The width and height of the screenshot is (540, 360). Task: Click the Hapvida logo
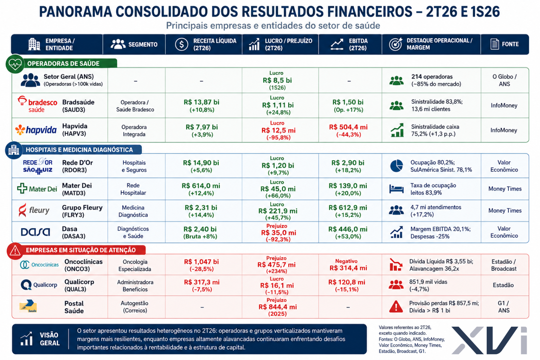tap(36, 130)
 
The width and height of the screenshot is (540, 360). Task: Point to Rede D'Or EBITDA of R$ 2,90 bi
tap(348, 163)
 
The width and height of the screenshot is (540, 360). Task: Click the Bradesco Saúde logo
tap(37, 104)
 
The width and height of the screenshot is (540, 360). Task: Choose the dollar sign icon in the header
tap(181, 44)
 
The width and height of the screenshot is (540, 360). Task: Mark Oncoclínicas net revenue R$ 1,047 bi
tap(201, 262)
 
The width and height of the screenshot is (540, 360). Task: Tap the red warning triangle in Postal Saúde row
tap(396, 306)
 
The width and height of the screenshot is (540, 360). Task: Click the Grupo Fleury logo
tap(34, 210)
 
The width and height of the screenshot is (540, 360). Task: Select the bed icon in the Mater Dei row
tap(396, 189)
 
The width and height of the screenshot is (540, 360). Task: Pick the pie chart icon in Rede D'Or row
tap(396, 166)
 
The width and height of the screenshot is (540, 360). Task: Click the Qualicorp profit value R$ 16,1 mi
tap(277, 285)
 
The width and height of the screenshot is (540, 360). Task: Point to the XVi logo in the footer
tap(489, 340)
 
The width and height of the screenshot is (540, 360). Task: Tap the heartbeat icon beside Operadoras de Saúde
tap(15, 64)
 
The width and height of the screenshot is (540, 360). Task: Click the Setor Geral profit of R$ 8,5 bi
tap(277, 80)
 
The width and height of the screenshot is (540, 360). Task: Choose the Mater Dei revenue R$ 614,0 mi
tap(201, 186)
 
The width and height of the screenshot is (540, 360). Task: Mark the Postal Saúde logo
tap(28, 306)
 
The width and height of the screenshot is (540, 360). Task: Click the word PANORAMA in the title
tap(75, 12)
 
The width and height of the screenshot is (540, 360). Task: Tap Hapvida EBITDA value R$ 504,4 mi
tap(348, 127)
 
